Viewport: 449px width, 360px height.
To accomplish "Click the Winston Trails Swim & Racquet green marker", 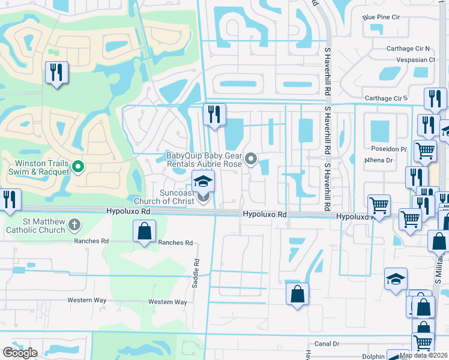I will tap(77, 166).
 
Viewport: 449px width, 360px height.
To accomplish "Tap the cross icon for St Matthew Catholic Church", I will tap(74, 225).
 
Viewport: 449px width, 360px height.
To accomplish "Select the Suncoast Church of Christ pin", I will tap(204, 196).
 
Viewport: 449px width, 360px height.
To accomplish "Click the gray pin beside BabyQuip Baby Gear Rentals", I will tap(252, 159).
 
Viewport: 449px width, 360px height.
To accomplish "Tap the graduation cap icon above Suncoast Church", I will tap(203, 180).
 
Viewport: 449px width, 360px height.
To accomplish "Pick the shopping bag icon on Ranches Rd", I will tap(145, 231).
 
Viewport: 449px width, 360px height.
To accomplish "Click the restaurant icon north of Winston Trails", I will tap(57, 73).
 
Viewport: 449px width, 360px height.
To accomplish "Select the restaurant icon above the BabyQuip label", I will tap(214, 114).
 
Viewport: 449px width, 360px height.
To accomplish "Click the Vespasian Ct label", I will tap(415, 60).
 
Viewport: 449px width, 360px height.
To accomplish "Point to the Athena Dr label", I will tap(379, 160).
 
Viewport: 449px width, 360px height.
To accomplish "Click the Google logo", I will tap(20, 353).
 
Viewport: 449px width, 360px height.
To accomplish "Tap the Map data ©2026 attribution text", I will tap(424, 355).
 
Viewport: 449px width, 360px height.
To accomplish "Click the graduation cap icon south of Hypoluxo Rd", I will tap(396, 279).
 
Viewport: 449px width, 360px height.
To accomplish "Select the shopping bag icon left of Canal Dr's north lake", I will tap(297, 294).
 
